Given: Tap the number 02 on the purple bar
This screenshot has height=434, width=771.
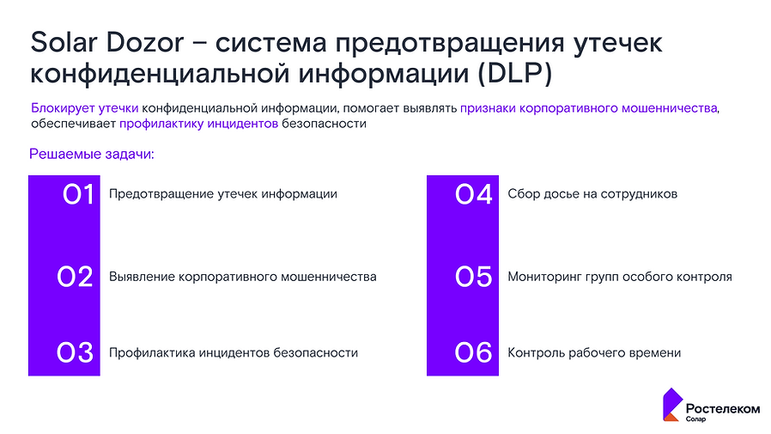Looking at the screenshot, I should [x=75, y=277].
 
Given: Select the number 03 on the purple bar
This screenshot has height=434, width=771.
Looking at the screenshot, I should [x=75, y=352].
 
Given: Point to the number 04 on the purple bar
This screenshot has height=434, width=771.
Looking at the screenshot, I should [x=474, y=195].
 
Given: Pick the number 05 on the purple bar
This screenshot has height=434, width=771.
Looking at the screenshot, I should [x=474, y=277].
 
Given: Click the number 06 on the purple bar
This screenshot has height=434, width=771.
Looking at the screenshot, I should [x=474, y=352].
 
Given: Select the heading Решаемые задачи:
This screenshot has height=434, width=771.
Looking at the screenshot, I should [x=91, y=155].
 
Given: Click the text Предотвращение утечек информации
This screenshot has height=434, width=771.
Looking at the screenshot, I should [x=222, y=194].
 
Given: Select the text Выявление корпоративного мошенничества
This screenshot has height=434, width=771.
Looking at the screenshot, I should [x=243, y=277].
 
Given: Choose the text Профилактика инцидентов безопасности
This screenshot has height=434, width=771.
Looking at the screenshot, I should [x=234, y=352].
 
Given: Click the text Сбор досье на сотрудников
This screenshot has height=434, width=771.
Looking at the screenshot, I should [x=592, y=194].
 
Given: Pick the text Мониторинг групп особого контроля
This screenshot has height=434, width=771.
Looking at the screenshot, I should [x=620, y=277].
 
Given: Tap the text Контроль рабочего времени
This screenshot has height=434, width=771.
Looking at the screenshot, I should [x=594, y=352].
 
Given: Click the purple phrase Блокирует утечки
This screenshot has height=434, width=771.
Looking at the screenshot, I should [x=85, y=108].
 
